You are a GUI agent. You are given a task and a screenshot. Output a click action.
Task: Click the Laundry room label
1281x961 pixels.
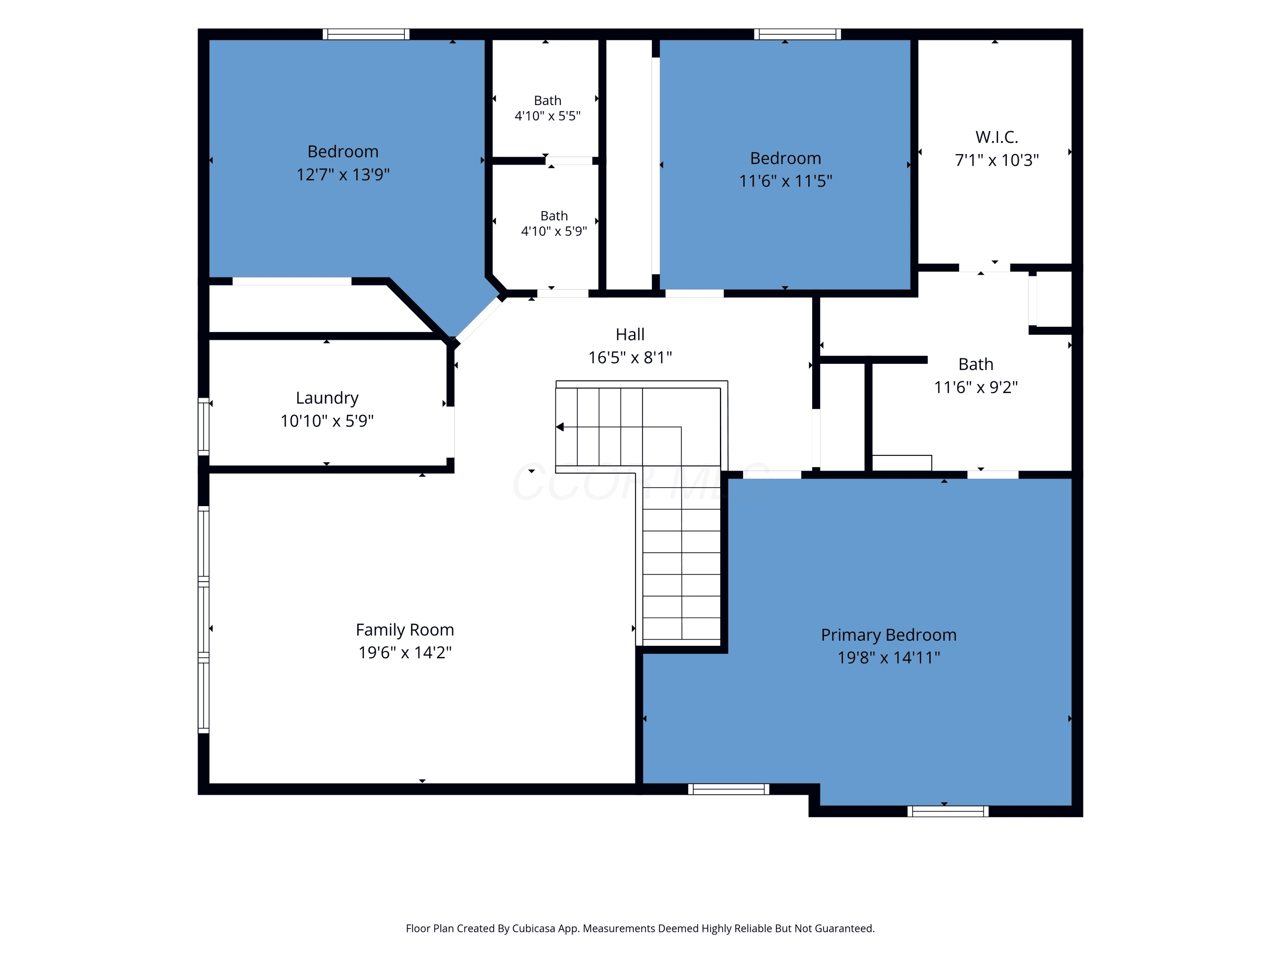click(327, 398)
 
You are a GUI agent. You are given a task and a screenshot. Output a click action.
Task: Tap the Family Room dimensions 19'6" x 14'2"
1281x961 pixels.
click(405, 652)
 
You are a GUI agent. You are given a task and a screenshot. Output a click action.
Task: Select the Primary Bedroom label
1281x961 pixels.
click(888, 635)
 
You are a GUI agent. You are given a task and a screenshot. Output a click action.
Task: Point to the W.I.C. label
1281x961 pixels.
click(997, 137)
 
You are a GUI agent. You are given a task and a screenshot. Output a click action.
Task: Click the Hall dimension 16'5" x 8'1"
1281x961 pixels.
click(630, 357)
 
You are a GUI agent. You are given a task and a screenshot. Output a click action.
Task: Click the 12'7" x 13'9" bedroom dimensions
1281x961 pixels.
click(343, 174)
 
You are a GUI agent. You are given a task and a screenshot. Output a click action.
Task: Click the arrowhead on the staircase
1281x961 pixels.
click(560, 427)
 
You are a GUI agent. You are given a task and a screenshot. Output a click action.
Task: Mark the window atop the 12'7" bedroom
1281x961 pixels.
click(366, 34)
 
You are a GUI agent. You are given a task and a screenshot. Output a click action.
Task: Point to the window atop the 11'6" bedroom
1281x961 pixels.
click(798, 34)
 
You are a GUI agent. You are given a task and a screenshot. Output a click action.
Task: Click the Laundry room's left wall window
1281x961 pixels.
click(203, 426)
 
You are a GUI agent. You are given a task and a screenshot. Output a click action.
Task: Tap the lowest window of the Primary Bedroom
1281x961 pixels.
click(948, 811)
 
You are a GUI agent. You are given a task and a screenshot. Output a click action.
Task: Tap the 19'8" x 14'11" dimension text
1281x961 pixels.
click(888, 657)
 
